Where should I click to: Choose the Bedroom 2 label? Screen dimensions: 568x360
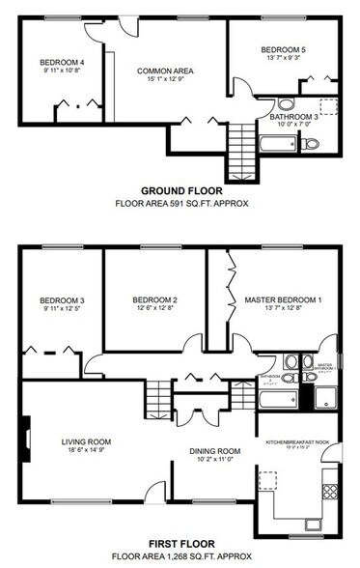[153, 299]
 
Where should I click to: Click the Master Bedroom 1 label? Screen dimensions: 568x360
[282, 299]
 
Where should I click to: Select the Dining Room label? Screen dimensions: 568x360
[214, 451]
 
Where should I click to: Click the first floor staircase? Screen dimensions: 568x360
[156, 396]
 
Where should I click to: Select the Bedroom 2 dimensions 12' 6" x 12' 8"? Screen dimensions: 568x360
[153, 309]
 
